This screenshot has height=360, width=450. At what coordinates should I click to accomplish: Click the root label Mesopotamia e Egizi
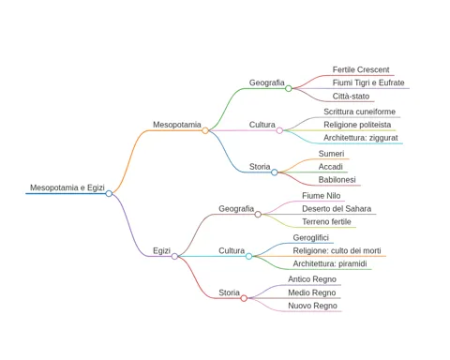pos(67,187)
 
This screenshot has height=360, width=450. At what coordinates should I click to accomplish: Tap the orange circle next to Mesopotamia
pos(205,130)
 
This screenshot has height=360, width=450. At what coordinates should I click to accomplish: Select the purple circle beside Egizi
pos(174,256)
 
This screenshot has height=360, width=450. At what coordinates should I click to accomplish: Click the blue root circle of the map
pos(109,193)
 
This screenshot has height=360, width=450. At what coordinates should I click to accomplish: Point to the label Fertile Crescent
pos(361,69)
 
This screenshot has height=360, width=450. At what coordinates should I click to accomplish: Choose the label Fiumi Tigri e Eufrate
pos(368,82)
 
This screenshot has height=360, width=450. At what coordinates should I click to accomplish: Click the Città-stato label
pos(351,97)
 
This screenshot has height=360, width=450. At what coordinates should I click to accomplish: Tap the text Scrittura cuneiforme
pos(359,112)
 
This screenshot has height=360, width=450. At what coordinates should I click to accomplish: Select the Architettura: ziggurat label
pos(361,138)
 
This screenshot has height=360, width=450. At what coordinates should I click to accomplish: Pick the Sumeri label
pos(331,154)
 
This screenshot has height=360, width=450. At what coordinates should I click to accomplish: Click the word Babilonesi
pos(337,180)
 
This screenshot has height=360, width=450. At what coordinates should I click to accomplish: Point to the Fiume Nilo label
pos(322,196)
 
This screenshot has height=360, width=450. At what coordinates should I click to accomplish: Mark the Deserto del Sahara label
pos(337,209)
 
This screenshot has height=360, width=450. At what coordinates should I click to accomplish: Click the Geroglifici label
pos(311,238)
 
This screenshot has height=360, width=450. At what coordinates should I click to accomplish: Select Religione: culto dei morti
pos(337,250)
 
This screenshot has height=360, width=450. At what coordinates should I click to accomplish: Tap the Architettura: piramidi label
pos(330,263)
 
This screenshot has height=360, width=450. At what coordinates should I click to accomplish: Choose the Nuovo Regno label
pos(312,306)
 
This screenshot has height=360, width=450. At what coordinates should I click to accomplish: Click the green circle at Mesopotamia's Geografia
pos(289,88)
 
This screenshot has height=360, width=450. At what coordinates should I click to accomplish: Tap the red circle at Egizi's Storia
pos(244,298)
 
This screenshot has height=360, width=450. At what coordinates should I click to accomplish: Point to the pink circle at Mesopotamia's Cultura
pos(279,130)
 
